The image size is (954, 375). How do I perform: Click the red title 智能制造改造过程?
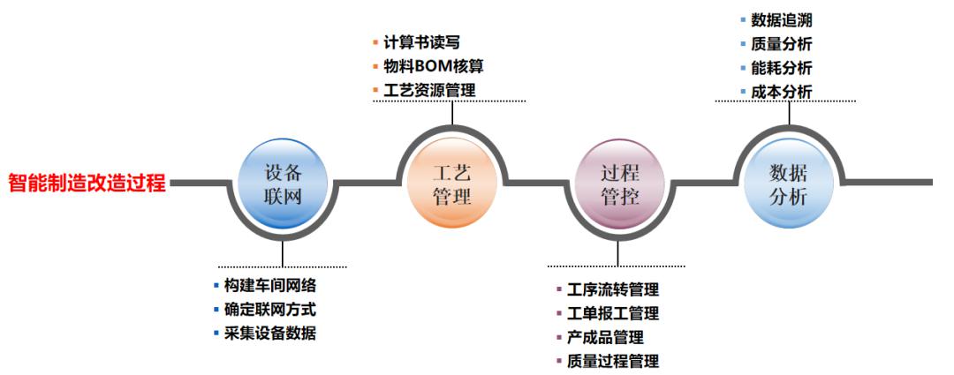pyautogui.click(x=87, y=184)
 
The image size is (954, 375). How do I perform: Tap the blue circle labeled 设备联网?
pyautogui.click(x=283, y=184)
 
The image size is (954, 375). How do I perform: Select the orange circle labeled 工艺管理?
pyautogui.click(x=451, y=183)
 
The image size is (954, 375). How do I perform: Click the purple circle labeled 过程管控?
pyautogui.click(x=619, y=183)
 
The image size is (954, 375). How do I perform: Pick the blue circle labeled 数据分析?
pyautogui.click(x=788, y=183)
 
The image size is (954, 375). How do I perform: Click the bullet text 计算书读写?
pyautogui.click(x=422, y=42)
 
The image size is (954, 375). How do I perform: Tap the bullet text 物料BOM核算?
pyautogui.click(x=434, y=66)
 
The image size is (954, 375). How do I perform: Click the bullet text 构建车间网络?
pyautogui.click(x=270, y=286)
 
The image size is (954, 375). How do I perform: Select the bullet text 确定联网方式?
pyautogui.click(x=270, y=310)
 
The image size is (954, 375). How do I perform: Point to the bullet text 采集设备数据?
pyautogui.click(x=270, y=334)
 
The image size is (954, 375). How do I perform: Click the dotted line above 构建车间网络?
pyautogui.click(x=283, y=266)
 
